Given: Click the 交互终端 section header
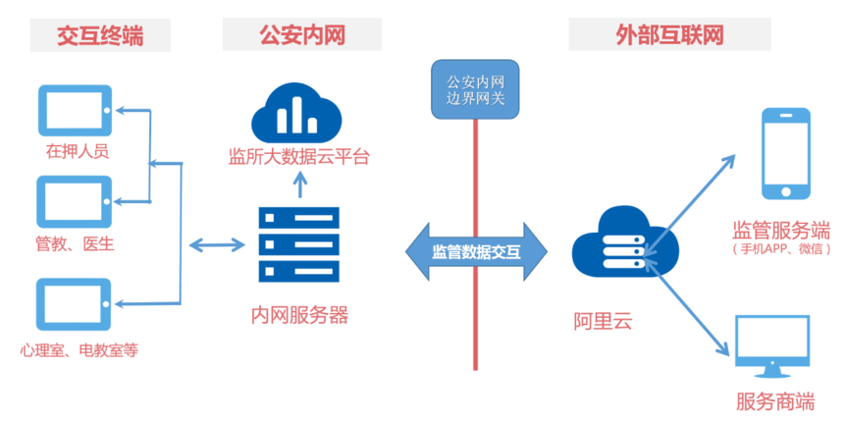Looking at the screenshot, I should coord(99,35).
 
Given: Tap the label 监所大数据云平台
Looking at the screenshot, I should coord(298,157).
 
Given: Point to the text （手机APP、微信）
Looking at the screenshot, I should coord(781,249).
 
